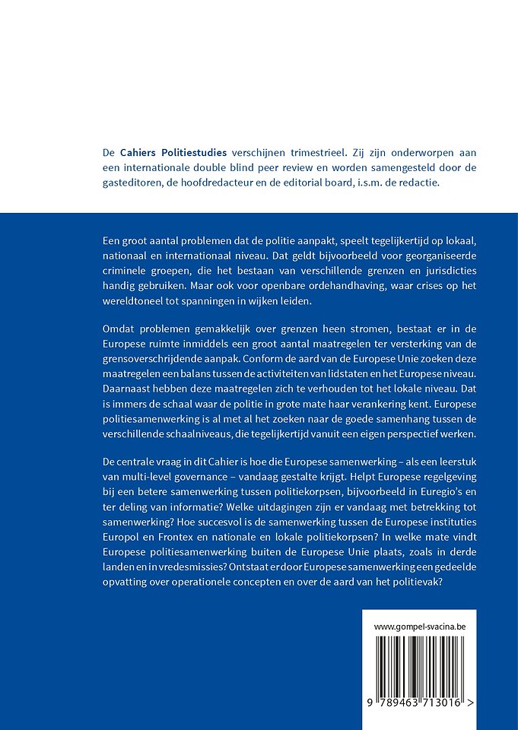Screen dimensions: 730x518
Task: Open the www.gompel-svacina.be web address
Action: click(419, 627)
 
